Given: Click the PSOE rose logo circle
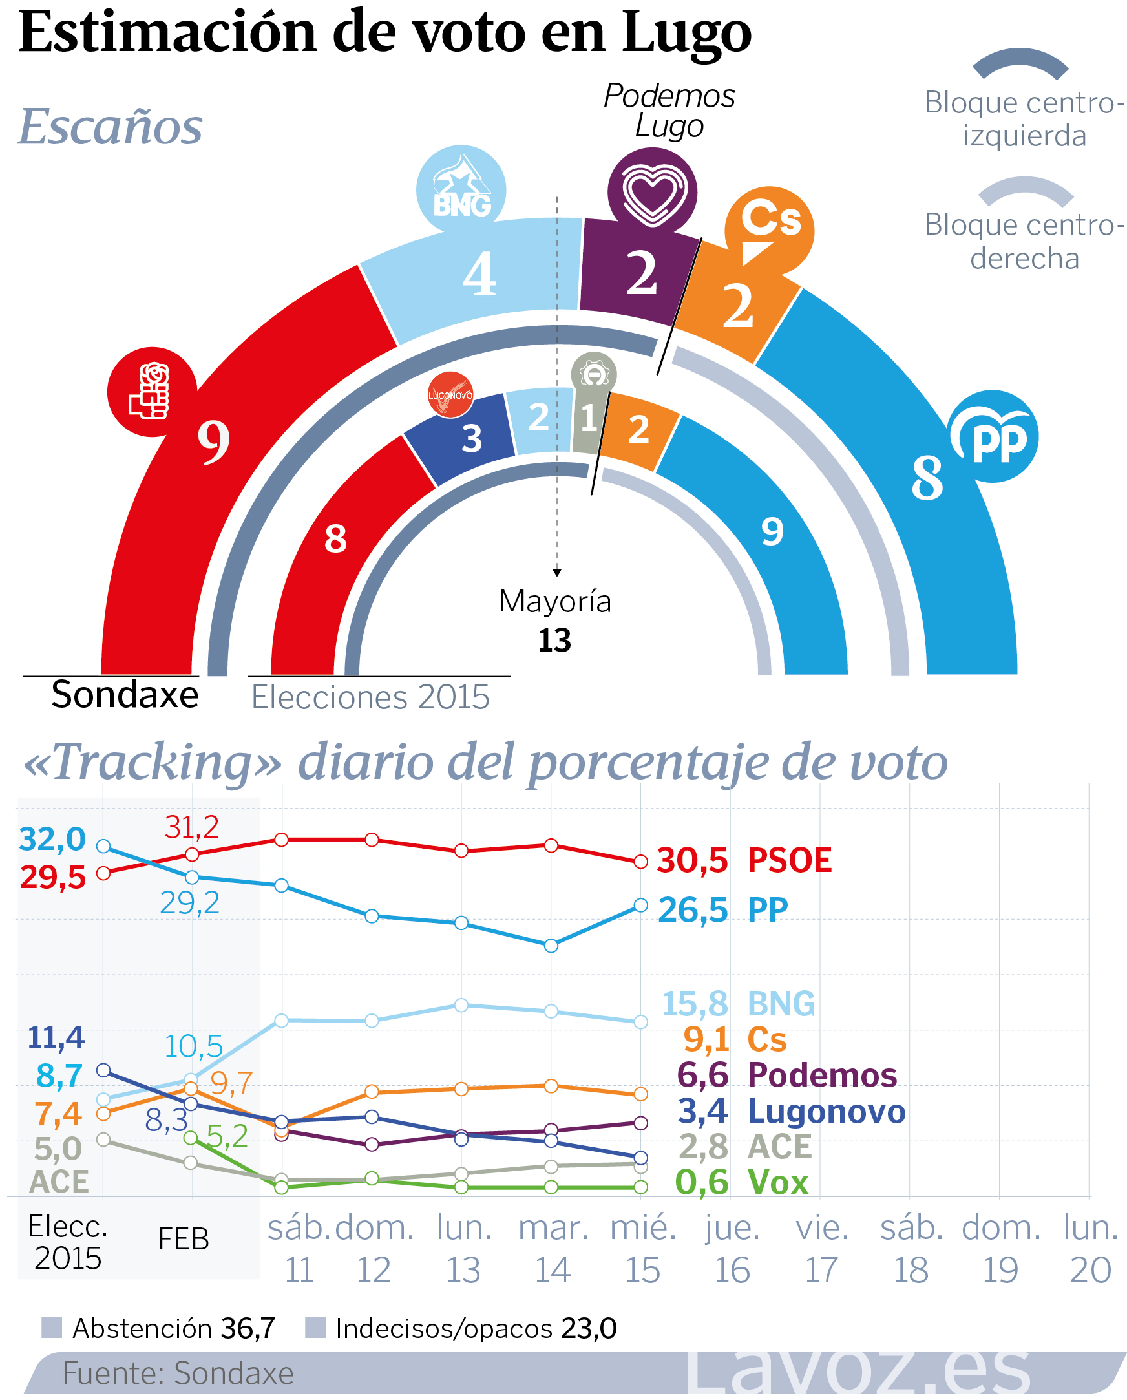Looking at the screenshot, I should click(152, 392).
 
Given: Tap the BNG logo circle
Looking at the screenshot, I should click(461, 189).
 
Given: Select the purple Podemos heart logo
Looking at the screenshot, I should click(653, 192).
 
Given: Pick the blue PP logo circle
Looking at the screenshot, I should click(993, 436).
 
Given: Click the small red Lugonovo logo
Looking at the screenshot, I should click(450, 394).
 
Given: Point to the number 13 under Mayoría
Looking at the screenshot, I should click(554, 641).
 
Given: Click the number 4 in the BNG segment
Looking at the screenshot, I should click(479, 274).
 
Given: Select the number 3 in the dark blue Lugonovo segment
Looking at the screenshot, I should click(472, 439).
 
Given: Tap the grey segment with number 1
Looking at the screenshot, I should click(588, 419).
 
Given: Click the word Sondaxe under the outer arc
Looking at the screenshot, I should click(125, 695).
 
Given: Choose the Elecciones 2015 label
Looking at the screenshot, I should click(370, 698).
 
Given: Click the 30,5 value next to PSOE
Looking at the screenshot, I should click(692, 861).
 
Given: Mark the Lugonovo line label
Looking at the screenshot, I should click(826, 1112).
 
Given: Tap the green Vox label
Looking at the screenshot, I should click(778, 1182).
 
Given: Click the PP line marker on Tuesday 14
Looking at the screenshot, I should click(551, 946).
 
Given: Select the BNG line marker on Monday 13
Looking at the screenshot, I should click(461, 1005).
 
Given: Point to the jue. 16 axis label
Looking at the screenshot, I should click(732, 1249).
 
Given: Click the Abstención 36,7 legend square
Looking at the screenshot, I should click(51, 1328).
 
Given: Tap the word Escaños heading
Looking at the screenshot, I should click(111, 126).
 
